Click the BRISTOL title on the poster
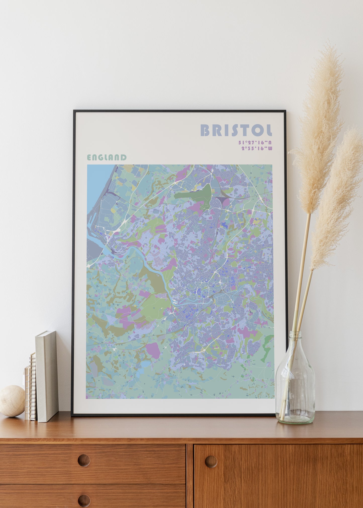(236, 130)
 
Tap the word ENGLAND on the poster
(107, 158)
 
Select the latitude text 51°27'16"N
(255, 143)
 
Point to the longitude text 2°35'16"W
(257, 148)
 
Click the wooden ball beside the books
(12, 401)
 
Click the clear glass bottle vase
(295, 384)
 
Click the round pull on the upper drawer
(84, 460)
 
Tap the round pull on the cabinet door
(211, 462)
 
